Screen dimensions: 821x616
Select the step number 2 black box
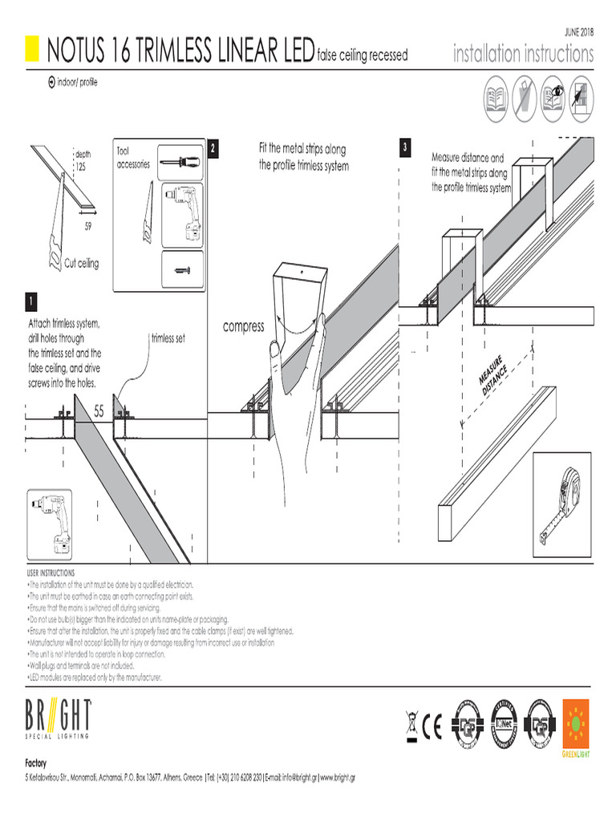pos(213,148)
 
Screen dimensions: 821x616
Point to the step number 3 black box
pos(406,148)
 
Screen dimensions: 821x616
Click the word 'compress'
pos(244,326)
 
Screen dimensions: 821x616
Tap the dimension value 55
pos(99,411)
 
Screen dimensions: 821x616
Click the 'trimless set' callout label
pos(168,339)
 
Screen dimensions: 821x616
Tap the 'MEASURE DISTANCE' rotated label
pos(493,373)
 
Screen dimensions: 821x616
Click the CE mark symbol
pos(433,727)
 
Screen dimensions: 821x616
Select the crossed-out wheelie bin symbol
pos(411,726)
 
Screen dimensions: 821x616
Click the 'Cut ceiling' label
pos(83,264)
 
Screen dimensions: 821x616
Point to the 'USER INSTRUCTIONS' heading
pos(51,573)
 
